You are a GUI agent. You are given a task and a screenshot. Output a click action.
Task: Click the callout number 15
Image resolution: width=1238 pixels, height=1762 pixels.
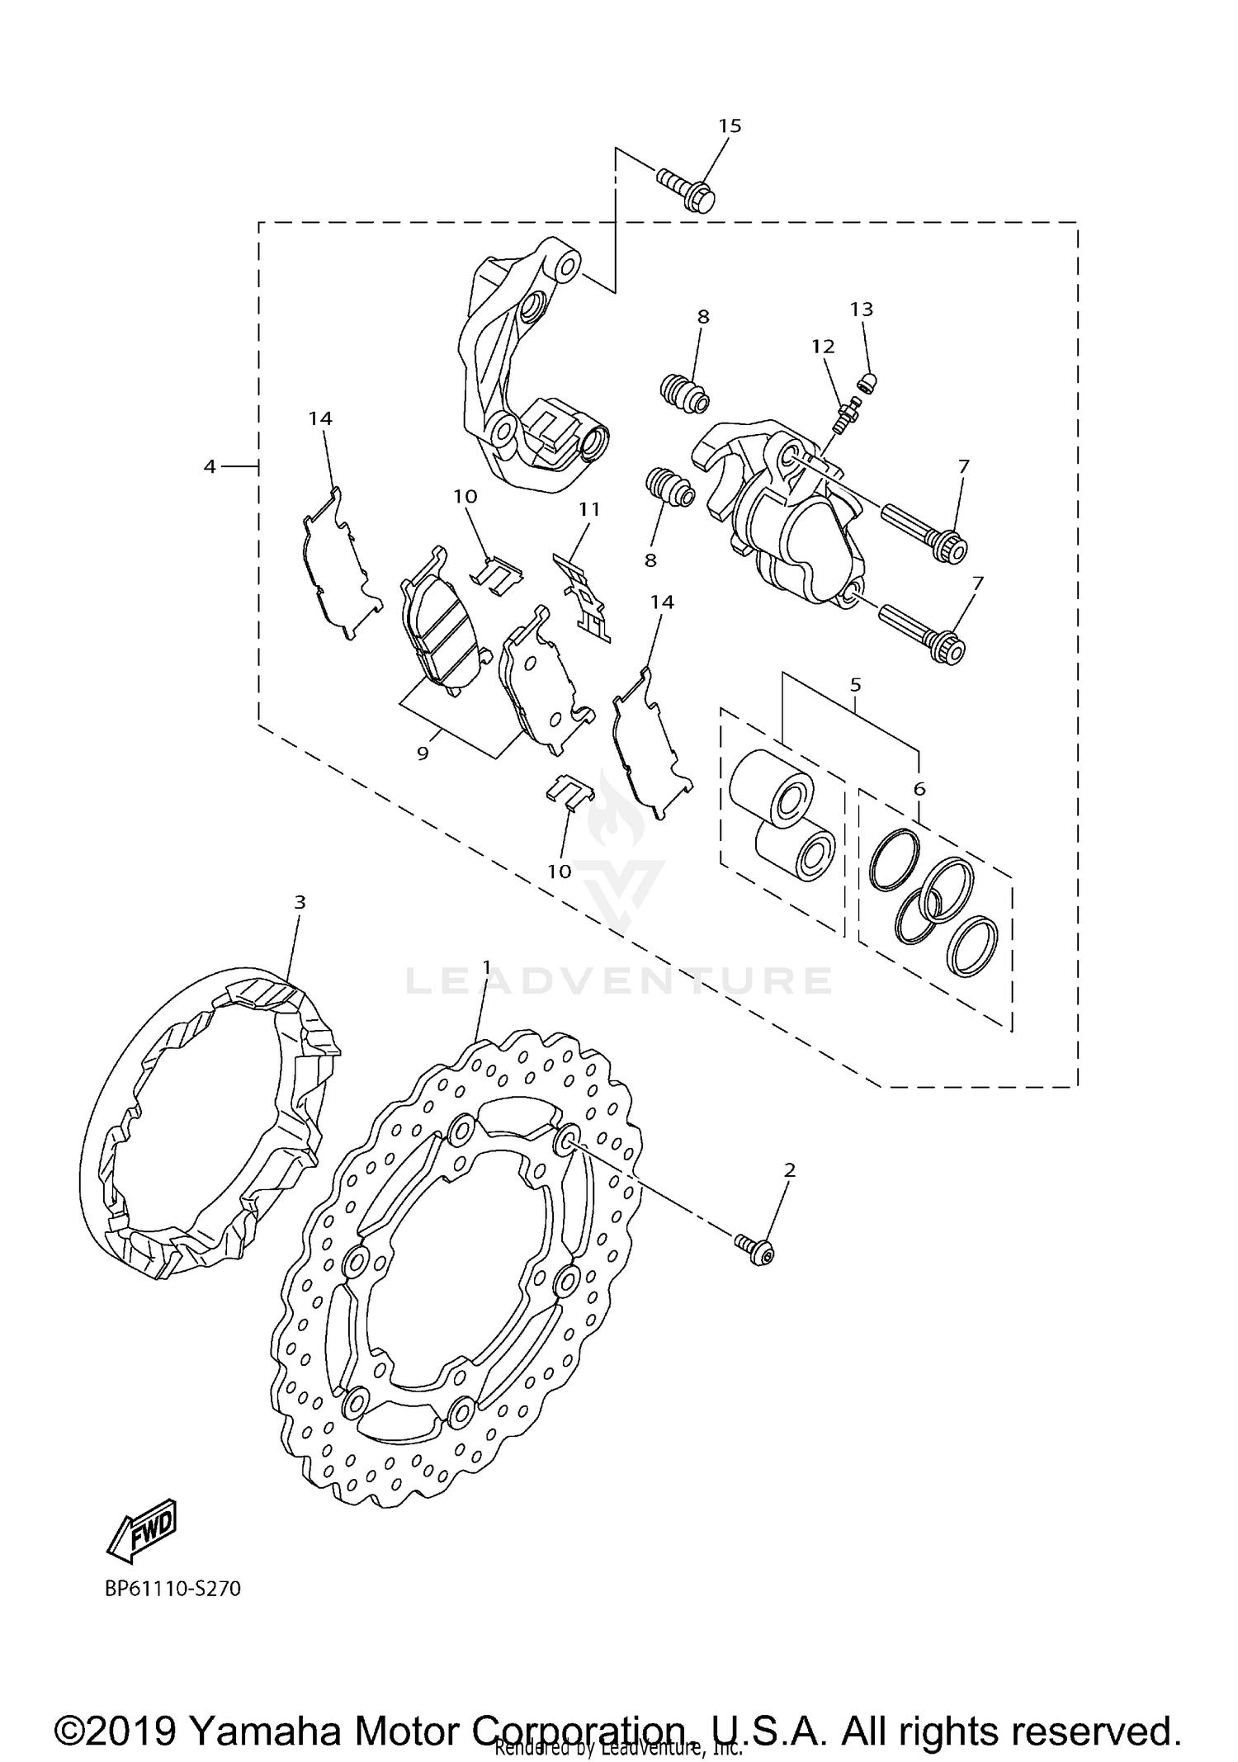[730, 126]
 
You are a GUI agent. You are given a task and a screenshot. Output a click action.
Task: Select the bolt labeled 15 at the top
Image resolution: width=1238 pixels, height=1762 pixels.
[688, 189]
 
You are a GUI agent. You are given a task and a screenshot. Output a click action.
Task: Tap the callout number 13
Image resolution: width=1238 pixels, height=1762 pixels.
[861, 309]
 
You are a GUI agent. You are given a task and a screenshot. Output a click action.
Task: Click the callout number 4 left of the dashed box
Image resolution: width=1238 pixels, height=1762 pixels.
[210, 467]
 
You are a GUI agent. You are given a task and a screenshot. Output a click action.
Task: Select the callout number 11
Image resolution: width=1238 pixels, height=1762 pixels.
[588, 509]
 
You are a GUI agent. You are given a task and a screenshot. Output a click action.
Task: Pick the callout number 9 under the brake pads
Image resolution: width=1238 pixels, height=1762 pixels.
[423, 753]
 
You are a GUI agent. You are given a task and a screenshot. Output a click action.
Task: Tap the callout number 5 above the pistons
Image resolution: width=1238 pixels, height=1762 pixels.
[855, 684]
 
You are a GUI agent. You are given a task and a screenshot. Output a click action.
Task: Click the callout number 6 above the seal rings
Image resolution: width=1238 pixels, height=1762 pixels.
[919, 789]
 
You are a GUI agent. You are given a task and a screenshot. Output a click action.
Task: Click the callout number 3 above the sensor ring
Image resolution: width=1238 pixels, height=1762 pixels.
[300, 902]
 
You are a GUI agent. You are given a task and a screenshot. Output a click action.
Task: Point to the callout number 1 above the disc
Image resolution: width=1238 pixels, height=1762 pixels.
[487, 966]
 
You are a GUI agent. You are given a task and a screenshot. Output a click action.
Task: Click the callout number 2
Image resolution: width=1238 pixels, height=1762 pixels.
[790, 1169]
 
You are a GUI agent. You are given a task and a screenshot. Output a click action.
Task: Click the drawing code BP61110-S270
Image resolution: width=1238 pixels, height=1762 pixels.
[172, 1589]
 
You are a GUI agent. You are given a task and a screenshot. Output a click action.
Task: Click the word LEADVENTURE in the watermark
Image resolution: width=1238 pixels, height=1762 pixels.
[619, 980]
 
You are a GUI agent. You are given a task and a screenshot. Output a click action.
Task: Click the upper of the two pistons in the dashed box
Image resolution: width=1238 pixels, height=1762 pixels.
[772, 788]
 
